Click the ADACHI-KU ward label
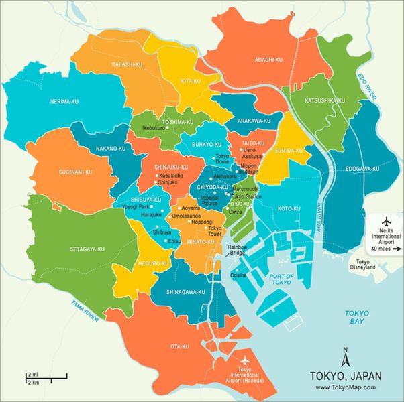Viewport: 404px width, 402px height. click(x=268, y=60)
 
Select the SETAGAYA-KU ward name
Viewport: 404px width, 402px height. click(x=87, y=249)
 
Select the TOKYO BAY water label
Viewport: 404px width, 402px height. click(x=356, y=318)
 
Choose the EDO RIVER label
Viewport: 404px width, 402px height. click(x=368, y=87)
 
